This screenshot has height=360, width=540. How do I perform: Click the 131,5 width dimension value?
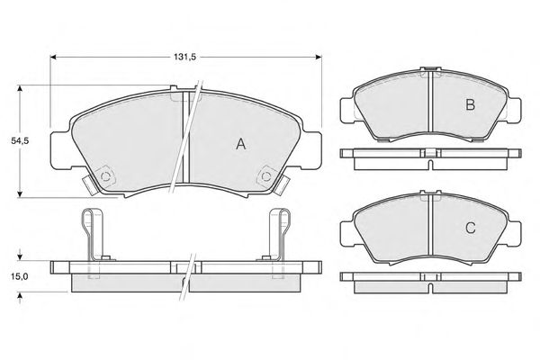coord(184,58)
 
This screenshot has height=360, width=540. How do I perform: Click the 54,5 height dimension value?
coord(19,140)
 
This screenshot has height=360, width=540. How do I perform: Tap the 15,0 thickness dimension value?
coord(19,276)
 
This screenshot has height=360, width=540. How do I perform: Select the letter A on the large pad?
coord(241,144)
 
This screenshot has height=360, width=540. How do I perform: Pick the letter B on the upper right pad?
coord(471,104)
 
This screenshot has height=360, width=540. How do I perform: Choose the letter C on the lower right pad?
coord(471,228)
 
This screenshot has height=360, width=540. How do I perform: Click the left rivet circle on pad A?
coord(105,176)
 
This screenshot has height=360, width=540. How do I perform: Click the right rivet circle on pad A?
coord(266,176)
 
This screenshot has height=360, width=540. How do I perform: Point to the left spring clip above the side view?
coord(93,235)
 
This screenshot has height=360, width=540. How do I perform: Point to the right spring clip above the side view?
coord(279,235)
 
